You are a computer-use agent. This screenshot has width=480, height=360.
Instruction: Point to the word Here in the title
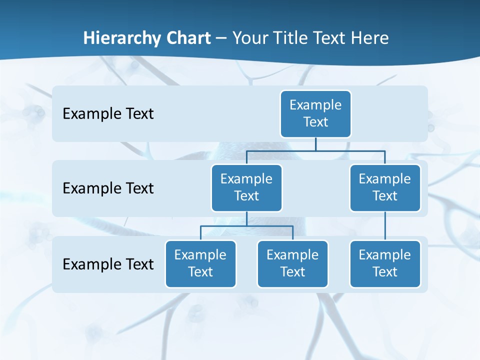(370, 38)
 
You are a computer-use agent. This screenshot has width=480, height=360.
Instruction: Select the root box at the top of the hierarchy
(315, 113)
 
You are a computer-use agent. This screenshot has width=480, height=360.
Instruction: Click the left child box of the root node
(246, 187)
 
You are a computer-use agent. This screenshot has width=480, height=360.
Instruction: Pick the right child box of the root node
(385, 187)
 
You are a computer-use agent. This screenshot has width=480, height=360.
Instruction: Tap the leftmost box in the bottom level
(200, 263)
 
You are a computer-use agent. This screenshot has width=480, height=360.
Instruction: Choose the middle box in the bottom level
(292, 263)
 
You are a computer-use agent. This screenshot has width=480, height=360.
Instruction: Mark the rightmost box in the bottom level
(385, 263)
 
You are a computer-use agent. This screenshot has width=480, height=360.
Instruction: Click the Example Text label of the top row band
(108, 114)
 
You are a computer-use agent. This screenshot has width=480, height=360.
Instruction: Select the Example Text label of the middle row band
(108, 188)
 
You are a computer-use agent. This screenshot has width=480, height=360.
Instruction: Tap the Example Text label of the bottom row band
(108, 264)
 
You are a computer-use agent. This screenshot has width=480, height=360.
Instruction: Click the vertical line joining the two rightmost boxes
(385, 226)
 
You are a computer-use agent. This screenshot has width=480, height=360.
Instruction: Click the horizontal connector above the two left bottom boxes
(225, 226)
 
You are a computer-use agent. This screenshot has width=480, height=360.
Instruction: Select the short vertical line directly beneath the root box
(315, 144)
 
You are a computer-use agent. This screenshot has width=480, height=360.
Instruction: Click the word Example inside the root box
(315, 105)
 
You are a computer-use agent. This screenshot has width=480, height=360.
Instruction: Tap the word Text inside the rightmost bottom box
(385, 272)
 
